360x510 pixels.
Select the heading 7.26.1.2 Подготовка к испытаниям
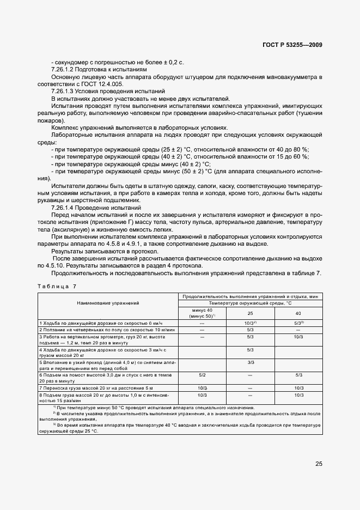pyautogui.click(x=99, y=70)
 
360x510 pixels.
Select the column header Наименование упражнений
pyautogui.click(x=108, y=302)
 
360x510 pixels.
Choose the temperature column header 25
pyautogui.click(x=251, y=313)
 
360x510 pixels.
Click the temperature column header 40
pyautogui.click(x=298, y=313)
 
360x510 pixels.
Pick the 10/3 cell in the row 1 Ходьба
pyautogui.click(x=251, y=323)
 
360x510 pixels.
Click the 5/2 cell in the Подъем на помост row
pyautogui.click(x=202, y=375)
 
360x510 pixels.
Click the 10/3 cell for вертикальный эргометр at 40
pyautogui.click(x=298, y=337)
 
